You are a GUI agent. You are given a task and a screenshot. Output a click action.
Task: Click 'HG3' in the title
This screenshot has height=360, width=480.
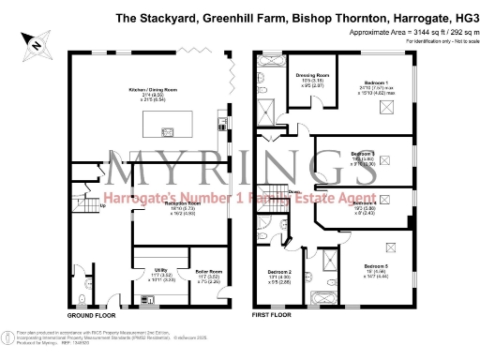click(x=464, y=16)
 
